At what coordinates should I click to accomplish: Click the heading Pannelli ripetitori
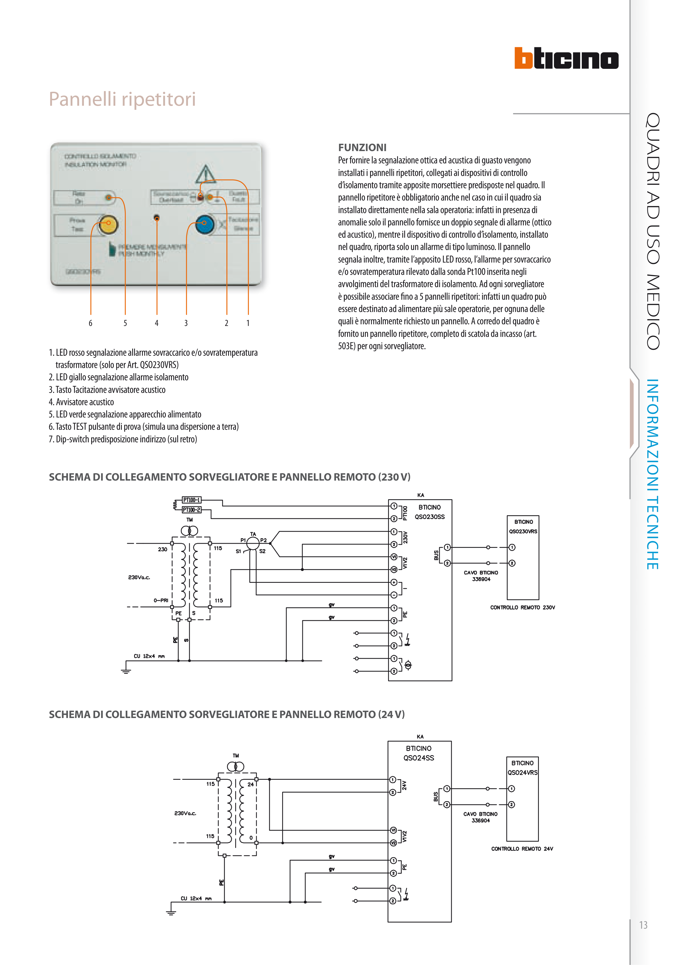(x=122, y=99)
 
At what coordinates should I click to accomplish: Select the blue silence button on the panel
(x=205, y=223)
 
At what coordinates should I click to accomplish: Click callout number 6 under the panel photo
(x=90, y=323)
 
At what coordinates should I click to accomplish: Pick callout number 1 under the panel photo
(x=248, y=323)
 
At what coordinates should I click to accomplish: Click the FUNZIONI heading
(x=362, y=148)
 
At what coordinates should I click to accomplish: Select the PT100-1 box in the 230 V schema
(x=191, y=500)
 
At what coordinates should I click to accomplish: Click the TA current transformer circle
(x=253, y=543)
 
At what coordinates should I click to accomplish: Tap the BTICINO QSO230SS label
(x=429, y=512)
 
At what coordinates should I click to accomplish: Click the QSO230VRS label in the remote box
(x=523, y=531)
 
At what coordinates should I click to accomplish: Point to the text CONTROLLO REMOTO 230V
(x=522, y=607)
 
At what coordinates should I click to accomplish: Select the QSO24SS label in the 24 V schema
(x=418, y=758)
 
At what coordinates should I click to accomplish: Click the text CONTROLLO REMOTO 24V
(x=522, y=849)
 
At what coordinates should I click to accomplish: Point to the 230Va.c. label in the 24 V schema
(x=185, y=813)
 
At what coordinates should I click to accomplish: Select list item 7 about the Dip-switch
(x=123, y=439)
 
